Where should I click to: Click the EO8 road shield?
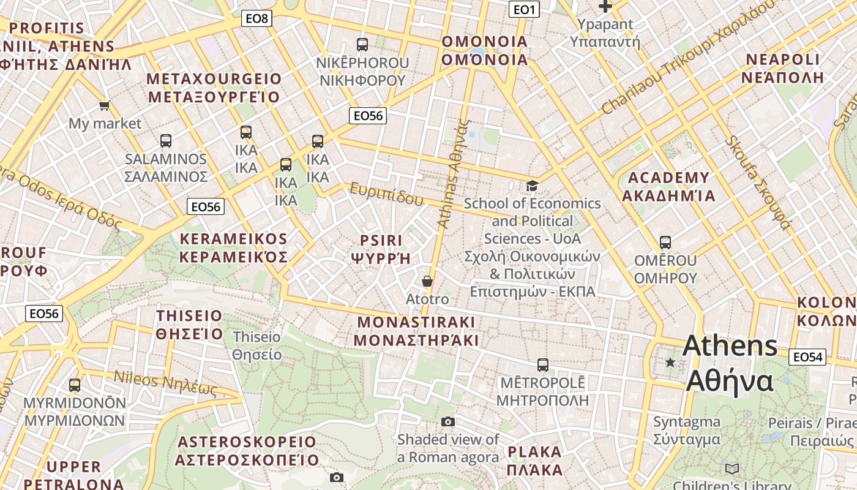(x=256, y=18)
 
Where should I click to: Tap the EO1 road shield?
(x=524, y=9)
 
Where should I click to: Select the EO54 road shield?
(x=807, y=357)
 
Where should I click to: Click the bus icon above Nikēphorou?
(x=362, y=45)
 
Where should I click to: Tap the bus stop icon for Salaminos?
(x=166, y=141)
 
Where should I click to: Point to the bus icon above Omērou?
(x=665, y=243)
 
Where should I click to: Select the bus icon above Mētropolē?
(x=542, y=365)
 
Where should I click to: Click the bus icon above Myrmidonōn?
(x=75, y=385)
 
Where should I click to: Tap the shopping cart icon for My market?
(x=105, y=105)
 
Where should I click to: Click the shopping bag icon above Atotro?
(x=427, y=281)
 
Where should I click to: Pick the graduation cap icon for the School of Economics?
(x=533, y=185)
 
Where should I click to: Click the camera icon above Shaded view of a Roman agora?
(x=448, y=421)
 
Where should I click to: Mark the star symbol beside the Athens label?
(x=670, y=363)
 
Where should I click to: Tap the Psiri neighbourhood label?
(x=381, y=249)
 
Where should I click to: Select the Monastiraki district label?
(x=416, y=331)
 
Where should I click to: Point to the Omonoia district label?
(x=484, y=50)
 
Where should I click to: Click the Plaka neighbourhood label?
(x=534, y=461)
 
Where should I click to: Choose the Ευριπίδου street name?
(x=386, y=194)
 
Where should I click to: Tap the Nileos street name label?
(x=165, y=383)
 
